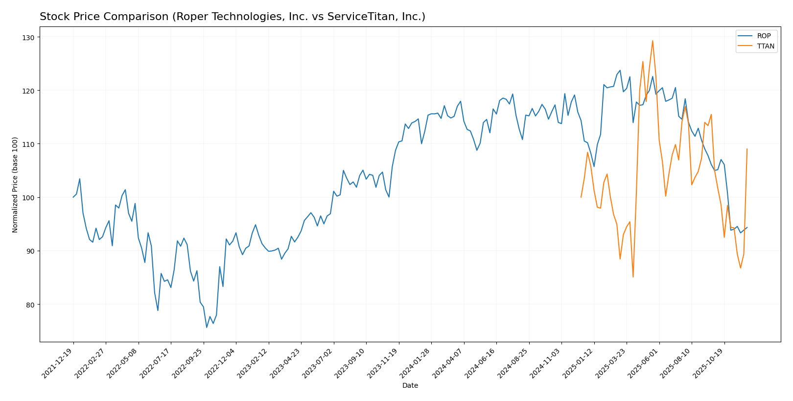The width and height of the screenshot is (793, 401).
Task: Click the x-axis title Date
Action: (x=410, y=386)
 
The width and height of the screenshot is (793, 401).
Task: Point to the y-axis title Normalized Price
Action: (x=15, y=185)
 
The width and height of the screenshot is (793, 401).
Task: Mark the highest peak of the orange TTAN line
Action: (x=653, y=41)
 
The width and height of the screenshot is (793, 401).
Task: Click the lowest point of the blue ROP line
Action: (x=207, y=327)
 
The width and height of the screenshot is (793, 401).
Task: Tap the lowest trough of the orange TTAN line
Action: (x=633, y=277)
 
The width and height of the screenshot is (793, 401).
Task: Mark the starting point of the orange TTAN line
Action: (x=581, y=197)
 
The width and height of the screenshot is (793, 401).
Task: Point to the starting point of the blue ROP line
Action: (x=73, y=197)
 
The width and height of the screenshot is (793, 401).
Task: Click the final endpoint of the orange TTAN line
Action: (x=747, y=149)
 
